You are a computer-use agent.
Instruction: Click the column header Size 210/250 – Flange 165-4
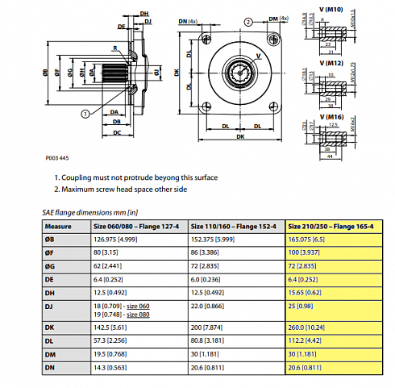(331, 226)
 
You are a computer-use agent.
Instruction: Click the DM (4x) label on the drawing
(278, 19)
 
